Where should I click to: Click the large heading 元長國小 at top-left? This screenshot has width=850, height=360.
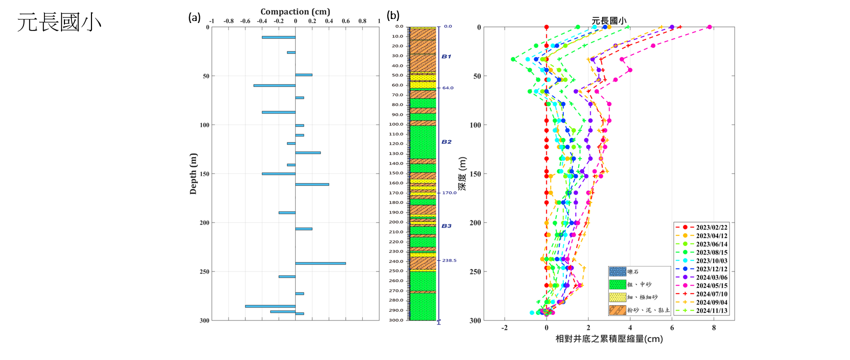pyautogui.click(x=59, y=22)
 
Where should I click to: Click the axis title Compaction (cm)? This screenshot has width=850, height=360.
pyautogui.click(x=295, y=11)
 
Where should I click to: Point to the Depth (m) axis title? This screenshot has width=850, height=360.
pyautogui.click(x=193, y=173)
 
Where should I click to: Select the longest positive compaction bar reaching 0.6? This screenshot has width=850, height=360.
pyautogui.click(x=320, y=263)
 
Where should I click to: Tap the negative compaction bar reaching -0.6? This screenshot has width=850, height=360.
pyautogui.click(x=270, y=306)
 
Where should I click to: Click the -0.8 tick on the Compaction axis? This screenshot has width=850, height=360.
pyautogui.click(x=228, y=21)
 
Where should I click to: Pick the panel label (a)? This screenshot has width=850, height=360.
pyautogui.click(x=194, y=17)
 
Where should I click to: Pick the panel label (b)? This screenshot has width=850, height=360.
pyautogui.click(x=393, y=16)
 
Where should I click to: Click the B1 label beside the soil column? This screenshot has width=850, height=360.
pyautogui.click(x=446, y=56)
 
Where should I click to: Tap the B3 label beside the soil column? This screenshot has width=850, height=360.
pyautogui.click(x=446, y=226)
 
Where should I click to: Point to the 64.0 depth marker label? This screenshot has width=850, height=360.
pyautogui.click(x=448, y=88)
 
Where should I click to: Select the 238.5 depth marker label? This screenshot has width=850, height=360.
pyautogui.click(x=449, y=260)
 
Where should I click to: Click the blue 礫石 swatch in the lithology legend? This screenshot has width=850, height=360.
pyautogui.click(x=618, y=271)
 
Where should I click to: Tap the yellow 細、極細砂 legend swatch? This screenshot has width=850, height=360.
pyautogui.click(x=618, y=297)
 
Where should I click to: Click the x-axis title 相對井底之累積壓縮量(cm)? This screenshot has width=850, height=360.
pyautogui.click(x=609, y=339)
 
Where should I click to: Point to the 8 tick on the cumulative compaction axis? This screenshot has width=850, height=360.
pyautogui.click(x=714, y=328)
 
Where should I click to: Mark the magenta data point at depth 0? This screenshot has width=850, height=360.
pyautogui.click(x=709, y=27)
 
